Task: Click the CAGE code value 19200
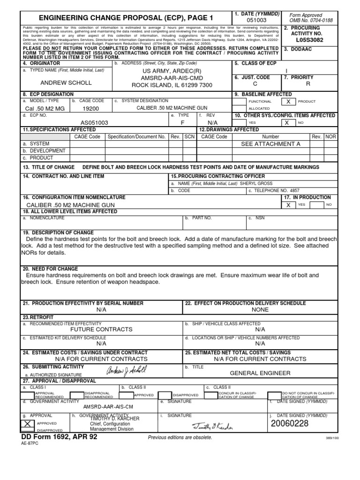90,108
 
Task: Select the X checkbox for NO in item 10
285,122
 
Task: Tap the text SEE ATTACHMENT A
270,144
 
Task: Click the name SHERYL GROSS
256,183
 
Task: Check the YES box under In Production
289,205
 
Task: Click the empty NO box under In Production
317,205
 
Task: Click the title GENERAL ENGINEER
260,373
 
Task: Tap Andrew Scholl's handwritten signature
125,370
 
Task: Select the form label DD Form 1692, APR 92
60,437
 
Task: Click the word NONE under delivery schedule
260,310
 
